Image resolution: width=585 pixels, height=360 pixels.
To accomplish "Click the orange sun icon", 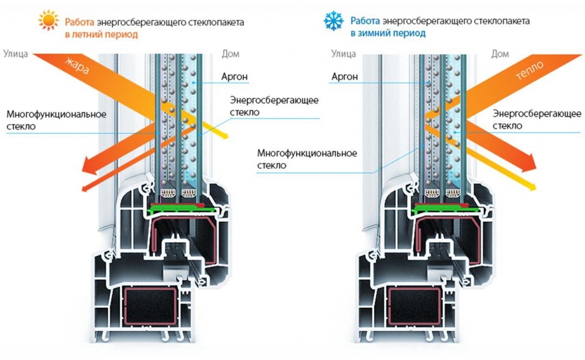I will pos(49,21).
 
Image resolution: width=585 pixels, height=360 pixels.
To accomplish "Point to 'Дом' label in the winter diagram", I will pos(500,54).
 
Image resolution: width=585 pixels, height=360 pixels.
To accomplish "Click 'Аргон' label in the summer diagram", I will pos(234,76).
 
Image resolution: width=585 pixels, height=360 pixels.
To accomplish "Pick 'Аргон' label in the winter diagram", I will pos(344,76).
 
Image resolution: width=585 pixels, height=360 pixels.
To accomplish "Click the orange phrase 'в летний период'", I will pos(101,34).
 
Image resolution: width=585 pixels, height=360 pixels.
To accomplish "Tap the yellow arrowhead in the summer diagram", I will pos(225,135).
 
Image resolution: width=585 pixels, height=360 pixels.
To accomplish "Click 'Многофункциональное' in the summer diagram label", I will pos(57,114).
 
